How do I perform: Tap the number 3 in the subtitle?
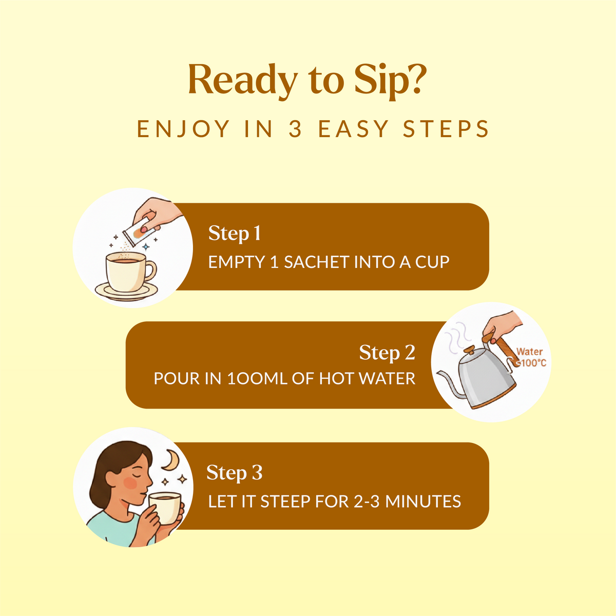click(295, 129)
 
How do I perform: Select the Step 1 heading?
click(235, 234)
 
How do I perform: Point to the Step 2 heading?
click(387, 353)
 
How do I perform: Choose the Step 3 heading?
click(234, 472)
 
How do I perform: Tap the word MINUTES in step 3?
click(423, 501)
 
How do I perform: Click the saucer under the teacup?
click(127, 291)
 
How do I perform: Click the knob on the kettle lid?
click(470, 350)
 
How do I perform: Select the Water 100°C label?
click(531, 357)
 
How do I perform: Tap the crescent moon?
click(171, 460)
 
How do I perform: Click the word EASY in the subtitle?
click(353, 129)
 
